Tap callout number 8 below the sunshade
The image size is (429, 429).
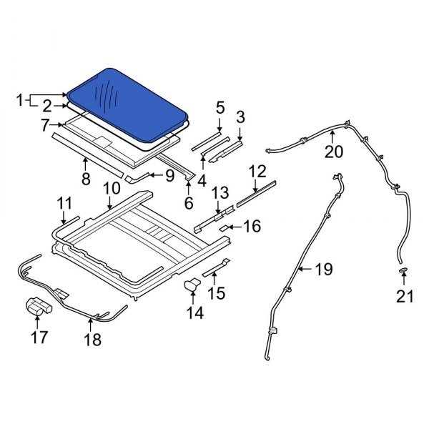[x=86, y=179]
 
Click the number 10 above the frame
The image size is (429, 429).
[x=112, y=189]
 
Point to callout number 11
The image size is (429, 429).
[x=65, y=204]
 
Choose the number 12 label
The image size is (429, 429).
[x=257, y=172]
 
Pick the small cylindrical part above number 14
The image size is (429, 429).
[x=192, y=285]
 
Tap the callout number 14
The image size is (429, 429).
[x=194, y=312]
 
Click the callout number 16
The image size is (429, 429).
[x=251, y=227]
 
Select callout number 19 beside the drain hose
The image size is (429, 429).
[x=324, y=270]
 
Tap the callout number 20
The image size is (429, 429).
[x=334, y=152]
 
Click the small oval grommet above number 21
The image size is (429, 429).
[x=403, y=271]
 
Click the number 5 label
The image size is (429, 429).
[x=220, y=108]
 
